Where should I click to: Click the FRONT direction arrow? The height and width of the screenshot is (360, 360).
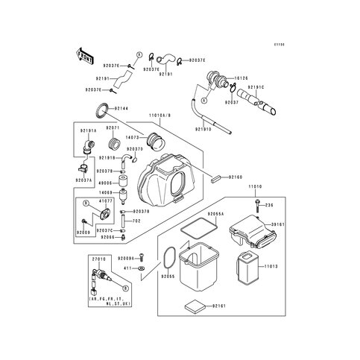click(x=80, y=54)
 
